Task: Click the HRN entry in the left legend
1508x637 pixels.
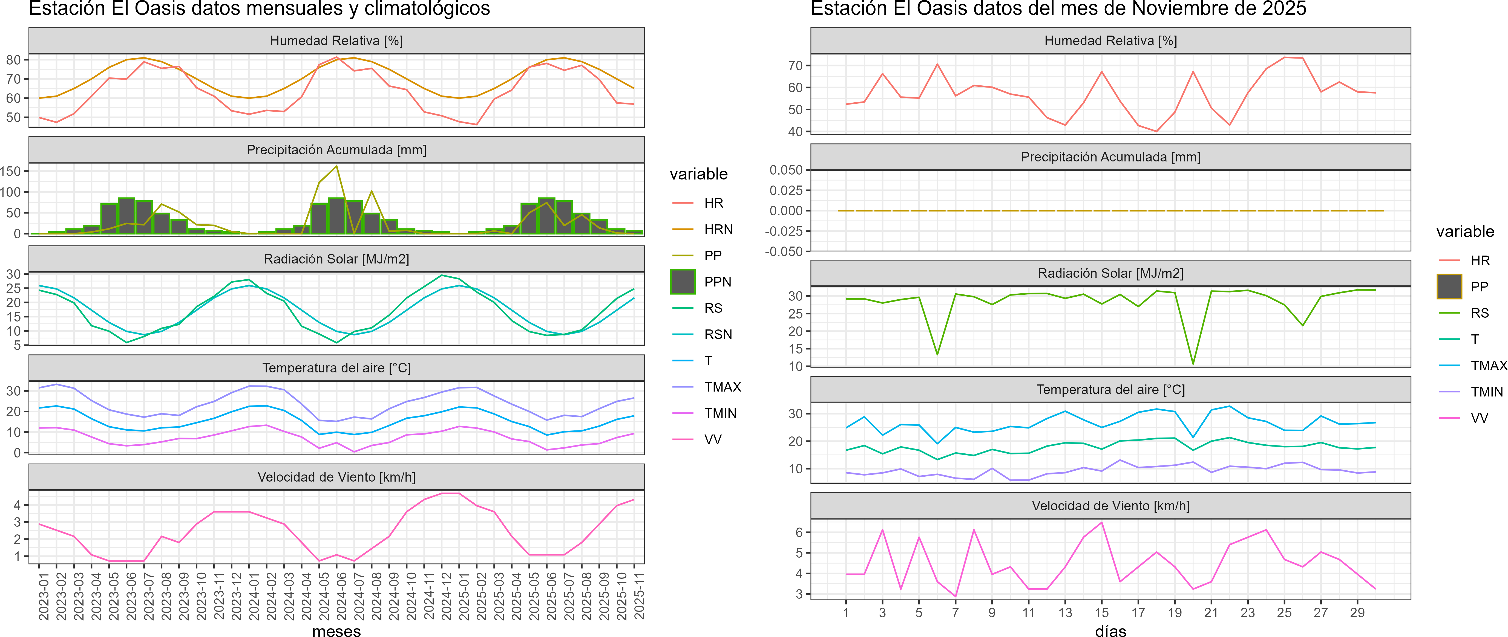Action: click(x=718, y=229)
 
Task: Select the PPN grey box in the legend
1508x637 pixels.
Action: click(x=683, y=282)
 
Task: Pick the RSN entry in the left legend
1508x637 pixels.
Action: click(x=718, y=335)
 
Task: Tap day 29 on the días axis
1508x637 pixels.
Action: click(x=1357, y=612)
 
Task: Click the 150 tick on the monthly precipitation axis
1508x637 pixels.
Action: click(x=10, y=171)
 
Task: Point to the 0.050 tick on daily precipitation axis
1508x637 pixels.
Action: click(x=785, y=170)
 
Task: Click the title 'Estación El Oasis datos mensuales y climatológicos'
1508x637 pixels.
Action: click(x=259, y=9)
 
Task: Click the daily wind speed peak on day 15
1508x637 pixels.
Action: click(x=1102, y=522)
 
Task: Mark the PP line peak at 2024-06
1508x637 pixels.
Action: click(x=336, y=166)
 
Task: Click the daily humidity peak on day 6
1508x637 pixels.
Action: click(x=937, y=64)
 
